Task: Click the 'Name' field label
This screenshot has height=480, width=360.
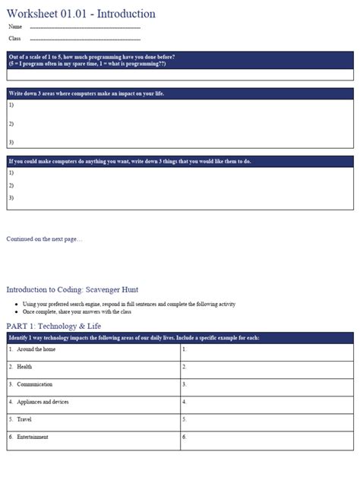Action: (x=15, y=27)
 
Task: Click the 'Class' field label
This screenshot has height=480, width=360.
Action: (x=15, y=38)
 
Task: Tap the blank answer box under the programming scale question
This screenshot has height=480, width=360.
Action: (x=180, y=74)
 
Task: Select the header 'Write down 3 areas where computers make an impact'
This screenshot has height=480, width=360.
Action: (x=87, y=93)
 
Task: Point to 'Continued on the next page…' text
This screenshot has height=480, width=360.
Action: (x=44, y=238)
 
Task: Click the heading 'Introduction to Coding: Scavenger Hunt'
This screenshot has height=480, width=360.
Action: (x=72, y=289)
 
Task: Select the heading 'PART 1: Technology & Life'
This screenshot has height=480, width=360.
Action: (x=53, y=326)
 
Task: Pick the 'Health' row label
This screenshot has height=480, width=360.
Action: (x=24, y=367)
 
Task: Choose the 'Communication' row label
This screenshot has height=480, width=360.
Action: (x=35, y=384)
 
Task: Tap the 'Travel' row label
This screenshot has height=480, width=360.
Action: (x=24, y=419)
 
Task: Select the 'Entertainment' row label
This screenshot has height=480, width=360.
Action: (x=33, y=437)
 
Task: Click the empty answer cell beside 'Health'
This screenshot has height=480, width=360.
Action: (x=267, y=367)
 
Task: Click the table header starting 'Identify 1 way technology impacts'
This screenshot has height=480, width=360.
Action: (x=134, y=336)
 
